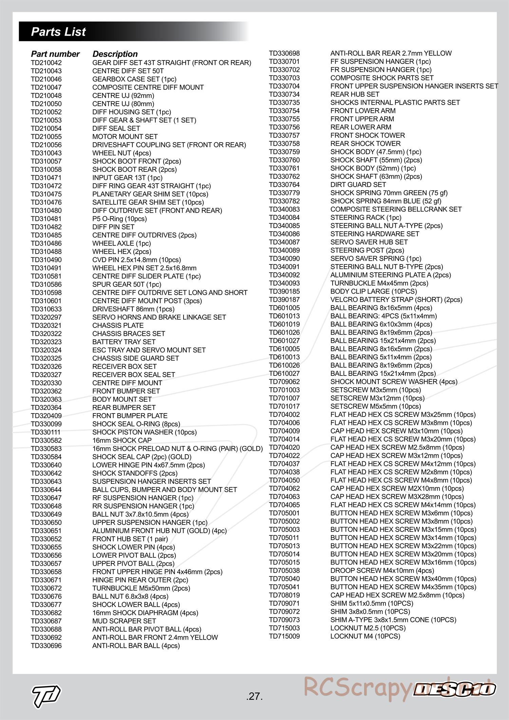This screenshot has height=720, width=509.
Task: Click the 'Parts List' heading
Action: point(58,32)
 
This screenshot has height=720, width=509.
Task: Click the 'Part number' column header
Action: point(55,54)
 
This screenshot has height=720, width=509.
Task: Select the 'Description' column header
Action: point(115,54)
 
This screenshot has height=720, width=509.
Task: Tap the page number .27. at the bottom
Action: point(254,697)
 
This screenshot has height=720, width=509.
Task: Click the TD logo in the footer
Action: point(46,694)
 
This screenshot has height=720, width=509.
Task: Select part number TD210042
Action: point(46,63)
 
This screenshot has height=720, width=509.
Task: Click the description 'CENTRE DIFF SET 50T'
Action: point(128,71)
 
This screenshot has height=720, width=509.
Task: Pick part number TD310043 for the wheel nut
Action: point(46,153)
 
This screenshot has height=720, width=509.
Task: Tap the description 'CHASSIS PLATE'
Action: point(118,326)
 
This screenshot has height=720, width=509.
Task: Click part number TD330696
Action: point(46,646)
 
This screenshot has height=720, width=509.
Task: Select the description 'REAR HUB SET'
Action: point(355,94)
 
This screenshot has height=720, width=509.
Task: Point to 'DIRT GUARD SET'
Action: point(358,185)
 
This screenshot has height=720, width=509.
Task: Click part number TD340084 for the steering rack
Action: point(284,218)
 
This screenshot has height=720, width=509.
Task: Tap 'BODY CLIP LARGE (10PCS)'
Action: point(374,291)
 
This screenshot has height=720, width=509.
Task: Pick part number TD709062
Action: point(284,382)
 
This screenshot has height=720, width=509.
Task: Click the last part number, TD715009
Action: point(284,636)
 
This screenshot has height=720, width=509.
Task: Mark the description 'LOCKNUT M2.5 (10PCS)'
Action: point(368,628)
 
